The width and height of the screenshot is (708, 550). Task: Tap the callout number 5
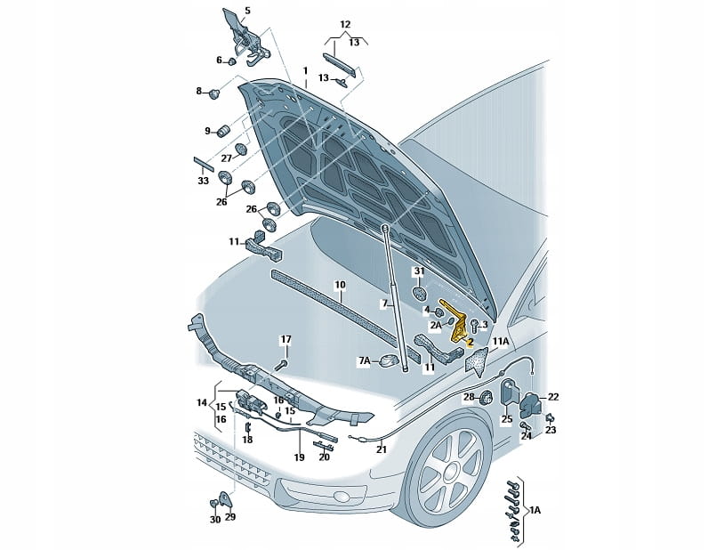coord(247,11)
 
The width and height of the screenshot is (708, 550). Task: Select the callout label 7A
coord(365,360)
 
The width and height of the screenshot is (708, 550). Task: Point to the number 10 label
coord(340,285)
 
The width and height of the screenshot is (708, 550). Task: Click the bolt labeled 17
coord(283,364)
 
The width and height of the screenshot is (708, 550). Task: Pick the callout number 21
coord(382,449)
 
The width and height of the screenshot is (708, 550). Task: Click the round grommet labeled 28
coord(486,398)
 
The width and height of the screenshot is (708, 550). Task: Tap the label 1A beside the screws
coord(535,510)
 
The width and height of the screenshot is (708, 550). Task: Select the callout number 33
coord(203,181)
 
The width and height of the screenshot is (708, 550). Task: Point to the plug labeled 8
coord(213,93)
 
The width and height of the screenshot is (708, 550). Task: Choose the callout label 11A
coord(501,341)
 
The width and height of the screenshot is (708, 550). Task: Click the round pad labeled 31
coord(420,294)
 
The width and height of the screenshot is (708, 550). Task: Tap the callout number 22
coord(553,397)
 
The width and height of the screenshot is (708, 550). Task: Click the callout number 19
coord(300,457)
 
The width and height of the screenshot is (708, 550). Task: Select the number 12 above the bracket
coord(345,24)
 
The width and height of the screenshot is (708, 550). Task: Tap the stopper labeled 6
coord(231,61)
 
